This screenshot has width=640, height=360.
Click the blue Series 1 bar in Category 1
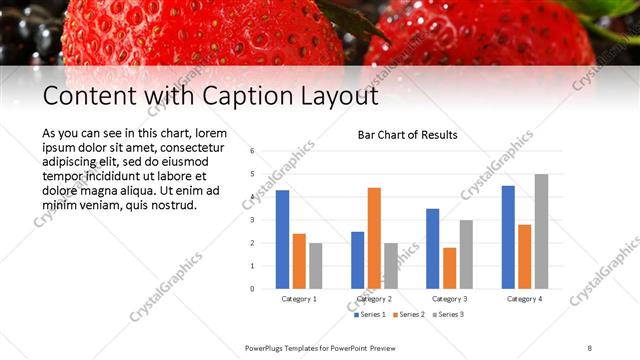(283, 240)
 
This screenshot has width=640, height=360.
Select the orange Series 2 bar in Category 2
(374, 238)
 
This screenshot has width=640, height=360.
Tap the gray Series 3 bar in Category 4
(541, 231)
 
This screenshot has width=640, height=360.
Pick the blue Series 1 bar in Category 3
(432, 249)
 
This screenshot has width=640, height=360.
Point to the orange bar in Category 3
(449, 268)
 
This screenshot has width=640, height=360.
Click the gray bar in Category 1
(316, 266)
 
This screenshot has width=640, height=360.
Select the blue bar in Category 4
(508, 237)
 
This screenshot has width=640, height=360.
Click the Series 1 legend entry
(371, 315)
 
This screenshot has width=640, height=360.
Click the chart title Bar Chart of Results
(407, 135)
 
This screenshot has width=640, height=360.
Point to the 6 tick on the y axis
(252, 151)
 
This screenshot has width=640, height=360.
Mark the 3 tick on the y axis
(252, 220)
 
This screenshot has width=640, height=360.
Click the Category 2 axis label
(374, 299)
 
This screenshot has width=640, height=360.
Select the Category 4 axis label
(524, 299)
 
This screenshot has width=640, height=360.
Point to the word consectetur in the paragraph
(194, 148)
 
